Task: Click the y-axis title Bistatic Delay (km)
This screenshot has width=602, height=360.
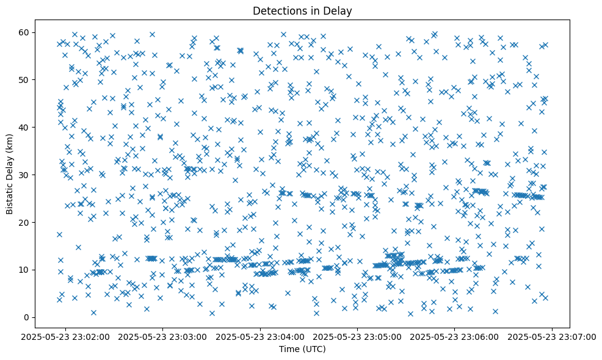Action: pos(10,175)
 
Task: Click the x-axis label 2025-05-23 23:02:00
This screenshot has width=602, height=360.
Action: pos(67,336)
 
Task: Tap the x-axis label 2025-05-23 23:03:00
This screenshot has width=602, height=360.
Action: pos(164,336)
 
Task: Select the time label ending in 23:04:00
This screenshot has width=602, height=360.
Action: pos(261,336)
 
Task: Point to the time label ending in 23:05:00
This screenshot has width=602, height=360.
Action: pos(358,336)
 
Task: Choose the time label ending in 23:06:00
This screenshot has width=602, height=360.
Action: pos(455,336)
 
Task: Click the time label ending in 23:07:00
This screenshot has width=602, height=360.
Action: pos(553,336)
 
